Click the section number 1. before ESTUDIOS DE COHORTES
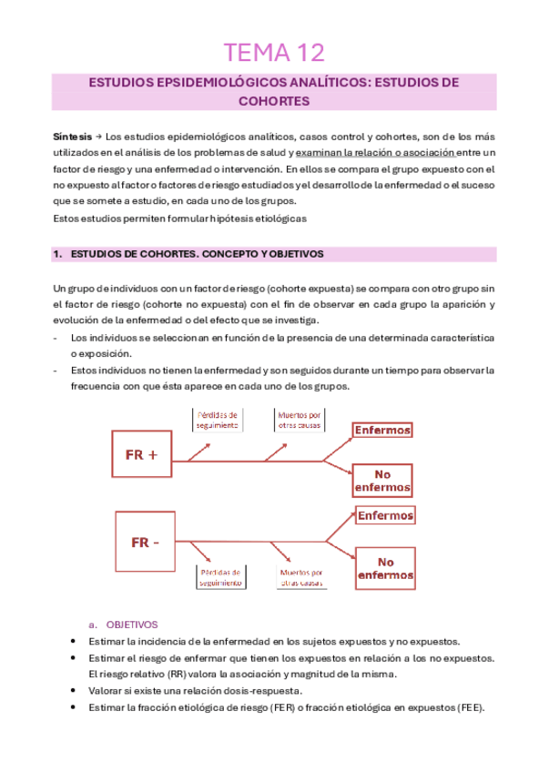point(57,254)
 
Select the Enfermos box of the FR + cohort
point(382,431)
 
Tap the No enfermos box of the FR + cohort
point(382,480)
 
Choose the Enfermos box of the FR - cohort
point(385,515)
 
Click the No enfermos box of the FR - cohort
point(385,568)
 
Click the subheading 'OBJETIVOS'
point(132,625)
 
